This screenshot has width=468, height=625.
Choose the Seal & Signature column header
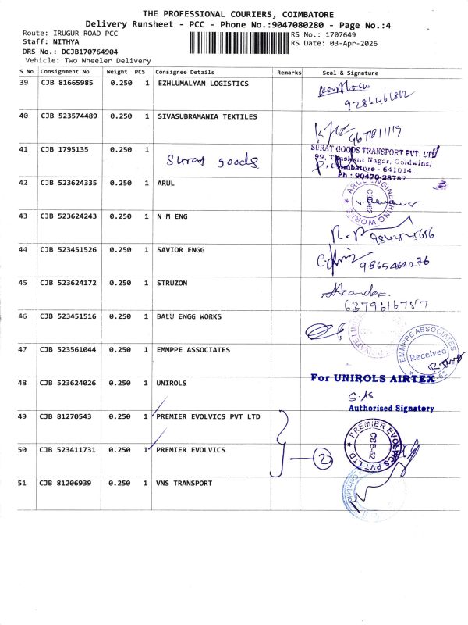[x=350, y=72]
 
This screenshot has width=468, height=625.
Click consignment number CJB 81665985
[x=67, y=83]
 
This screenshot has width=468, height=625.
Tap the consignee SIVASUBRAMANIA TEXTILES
[x=207, y=116]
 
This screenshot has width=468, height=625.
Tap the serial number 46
[x=23, y=316]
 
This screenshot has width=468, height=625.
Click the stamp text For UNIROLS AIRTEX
[x=372, y=378]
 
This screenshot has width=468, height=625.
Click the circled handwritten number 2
[x=322, y=459]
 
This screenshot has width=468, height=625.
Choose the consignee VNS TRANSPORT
[x=184, y=483]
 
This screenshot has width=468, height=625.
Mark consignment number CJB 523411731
[x=69, y=450]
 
